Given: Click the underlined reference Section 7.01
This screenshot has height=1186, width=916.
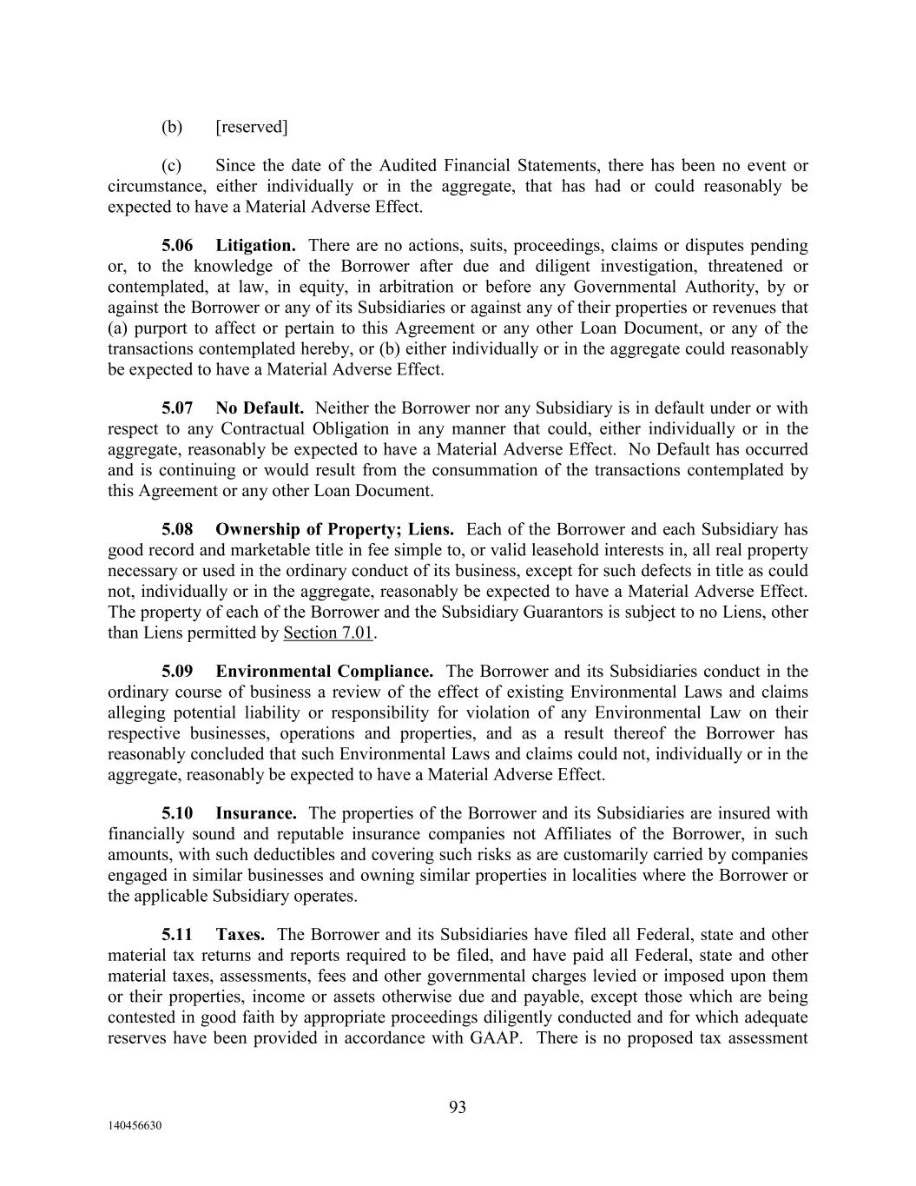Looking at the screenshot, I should (x=328, y=633).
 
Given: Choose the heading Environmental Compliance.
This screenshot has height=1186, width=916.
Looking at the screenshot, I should (x=324, y=672).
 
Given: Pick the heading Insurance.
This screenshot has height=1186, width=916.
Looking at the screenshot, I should (x=256, y=814).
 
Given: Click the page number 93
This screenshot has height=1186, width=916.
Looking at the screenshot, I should (x=458, y=1107).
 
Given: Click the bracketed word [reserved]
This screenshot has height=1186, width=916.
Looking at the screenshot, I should (x=251, y=128).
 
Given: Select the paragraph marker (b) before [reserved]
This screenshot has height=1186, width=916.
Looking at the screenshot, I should (x=172, y=128).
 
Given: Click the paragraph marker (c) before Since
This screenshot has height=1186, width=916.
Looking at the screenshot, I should (x=172, y=166).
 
